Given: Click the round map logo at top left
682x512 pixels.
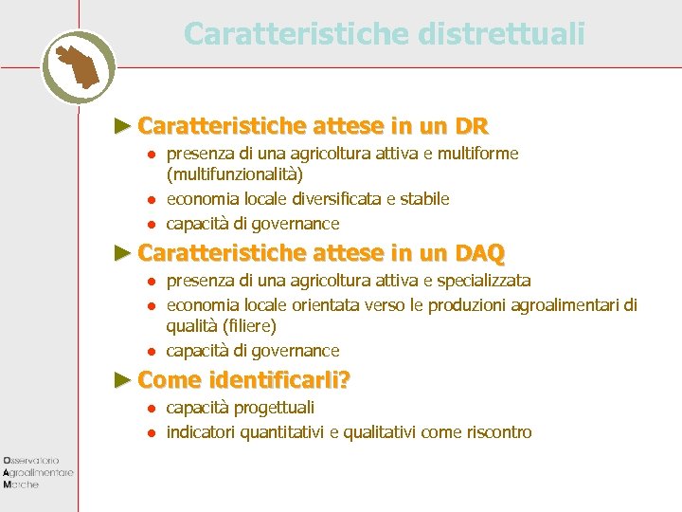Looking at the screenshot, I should click(x=79, y=66).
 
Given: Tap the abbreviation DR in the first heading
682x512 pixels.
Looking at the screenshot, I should click(x=471, y=126).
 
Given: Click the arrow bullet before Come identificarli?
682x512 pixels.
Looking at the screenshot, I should click(x=120, y=380).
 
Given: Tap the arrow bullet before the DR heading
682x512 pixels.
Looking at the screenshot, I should click(x=120, y=126).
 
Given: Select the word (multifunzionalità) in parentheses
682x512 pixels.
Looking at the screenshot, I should click(x=235, y=174).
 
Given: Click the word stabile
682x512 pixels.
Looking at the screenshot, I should click(x=424, y=199).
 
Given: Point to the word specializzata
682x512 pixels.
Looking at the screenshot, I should click(x=480, y=281).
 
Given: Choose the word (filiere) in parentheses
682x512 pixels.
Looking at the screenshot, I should click(x=245, y=326).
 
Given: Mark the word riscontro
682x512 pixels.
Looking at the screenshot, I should click(x=499, y=432).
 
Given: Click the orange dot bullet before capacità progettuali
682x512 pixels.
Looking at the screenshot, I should click(x=150, y=409).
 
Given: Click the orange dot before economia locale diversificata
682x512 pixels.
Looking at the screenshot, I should click(x=150, y=200).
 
